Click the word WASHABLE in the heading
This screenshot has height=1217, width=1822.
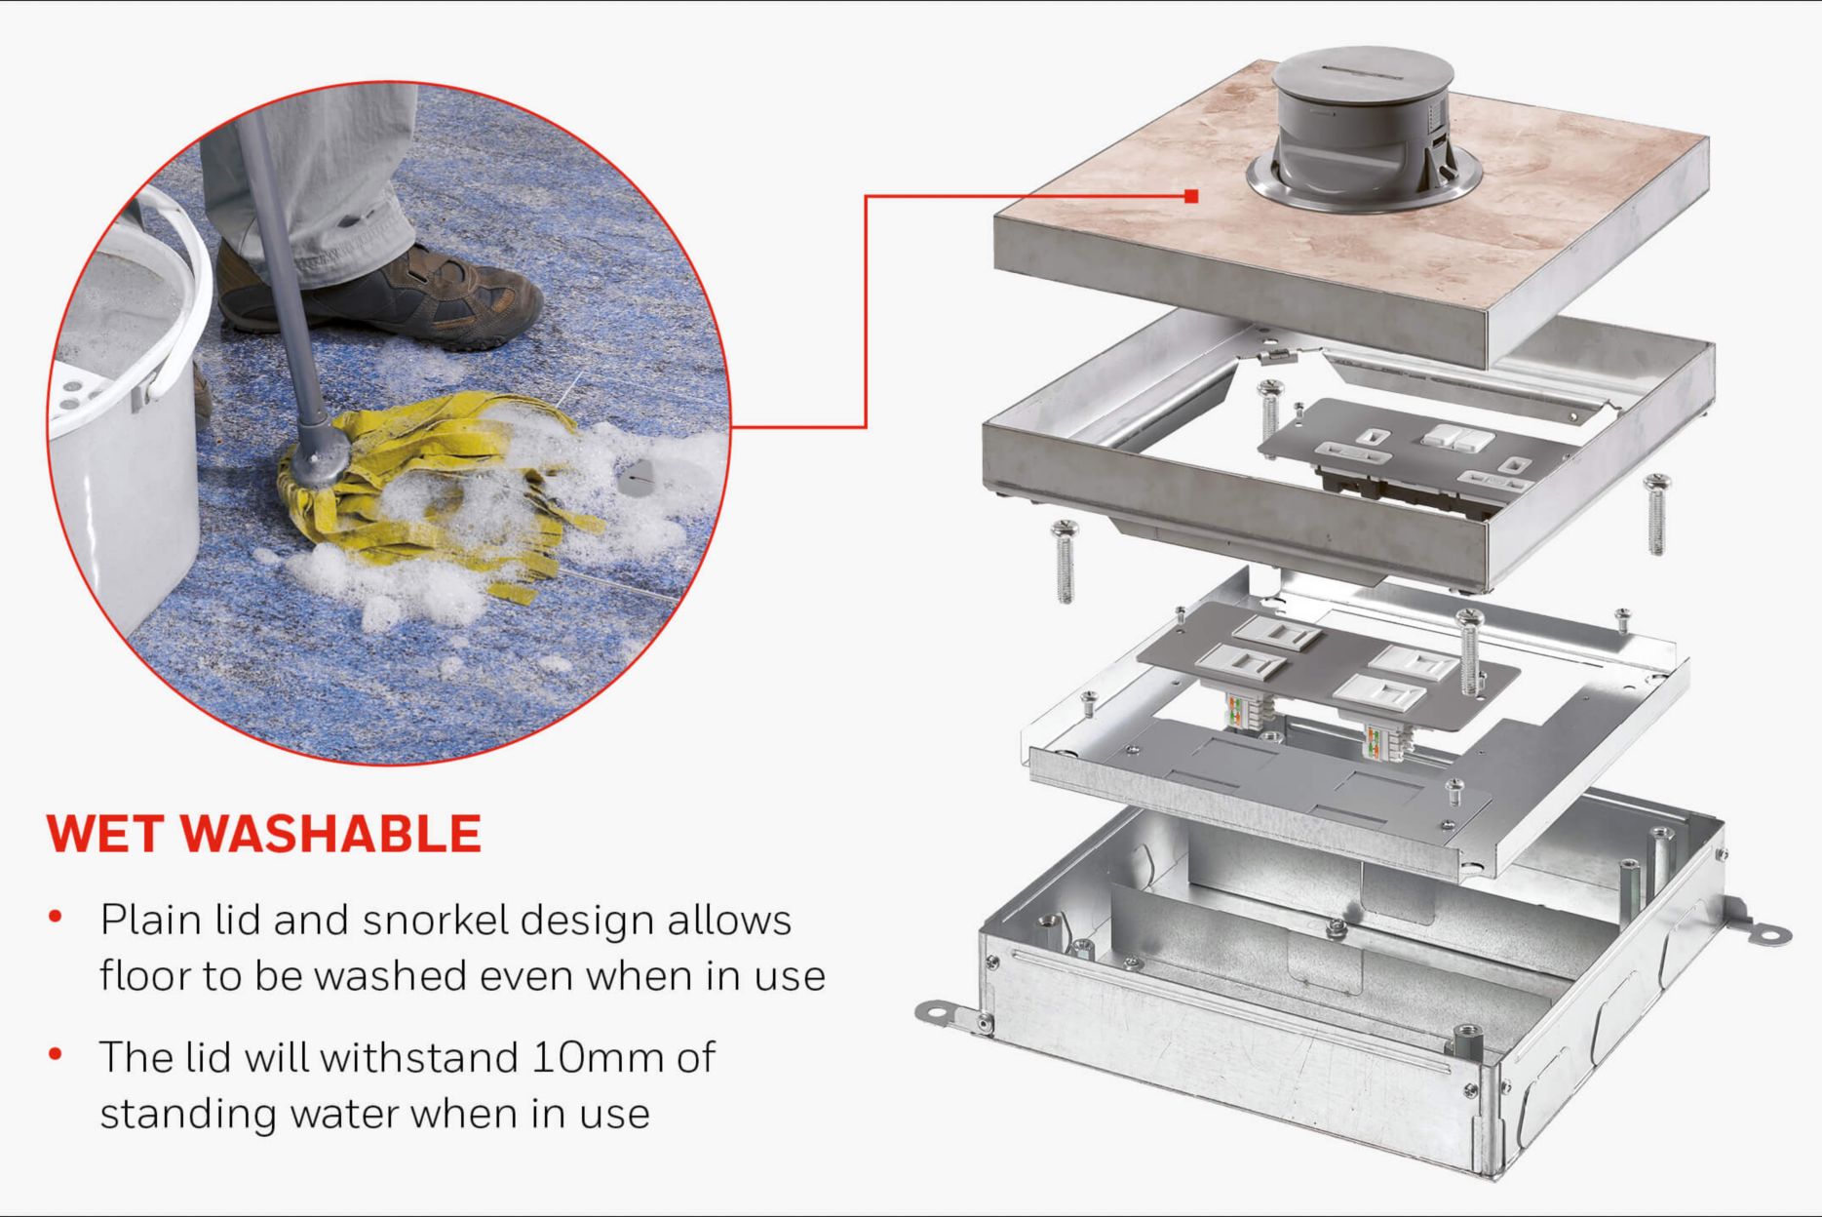click(x=331, y=833)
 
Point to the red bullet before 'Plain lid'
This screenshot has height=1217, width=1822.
click(x=56, y=917)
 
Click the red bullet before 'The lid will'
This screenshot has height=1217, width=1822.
click(x=56, y=1053)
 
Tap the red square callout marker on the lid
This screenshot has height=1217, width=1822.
click(x=1191, y=196)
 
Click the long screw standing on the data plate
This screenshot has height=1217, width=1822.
click(x=1470, y=650)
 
